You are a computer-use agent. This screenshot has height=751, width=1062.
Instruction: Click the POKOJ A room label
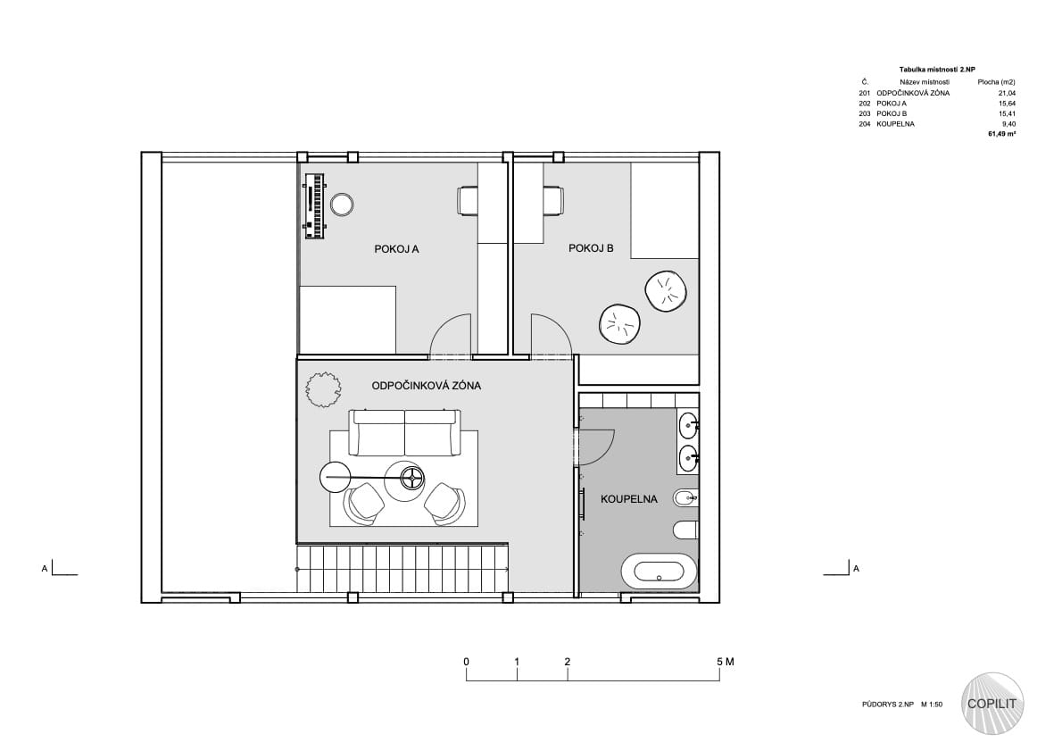pos(396,249)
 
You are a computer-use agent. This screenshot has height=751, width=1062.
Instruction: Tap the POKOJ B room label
pos(591,249)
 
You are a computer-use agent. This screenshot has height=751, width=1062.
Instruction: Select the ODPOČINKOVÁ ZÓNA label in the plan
pos(426,386)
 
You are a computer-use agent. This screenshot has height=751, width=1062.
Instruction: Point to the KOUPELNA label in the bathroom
pos(628,499)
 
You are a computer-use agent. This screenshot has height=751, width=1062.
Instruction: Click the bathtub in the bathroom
pos(660,572)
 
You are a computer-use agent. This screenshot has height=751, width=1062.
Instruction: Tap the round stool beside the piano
pos(341,204)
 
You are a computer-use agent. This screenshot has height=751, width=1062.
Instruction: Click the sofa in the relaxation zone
pos(404,432)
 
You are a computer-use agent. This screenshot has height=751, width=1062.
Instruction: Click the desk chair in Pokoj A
pos(468,201)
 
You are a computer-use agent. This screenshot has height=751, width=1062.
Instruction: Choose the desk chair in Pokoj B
pos(552,201)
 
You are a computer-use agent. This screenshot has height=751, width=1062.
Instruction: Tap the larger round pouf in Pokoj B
pos(665,291)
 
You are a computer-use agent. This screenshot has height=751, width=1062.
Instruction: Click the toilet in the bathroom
pos(685,529)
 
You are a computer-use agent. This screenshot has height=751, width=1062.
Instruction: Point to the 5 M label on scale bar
pos(726,662)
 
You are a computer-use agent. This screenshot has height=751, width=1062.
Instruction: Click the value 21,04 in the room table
pos(1007,94)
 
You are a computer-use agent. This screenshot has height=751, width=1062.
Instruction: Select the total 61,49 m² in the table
pos(1001,134)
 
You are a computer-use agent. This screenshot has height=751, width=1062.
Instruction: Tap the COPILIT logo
pos(992,704)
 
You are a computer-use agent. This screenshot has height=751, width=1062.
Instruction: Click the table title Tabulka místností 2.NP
pos(937,70)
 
